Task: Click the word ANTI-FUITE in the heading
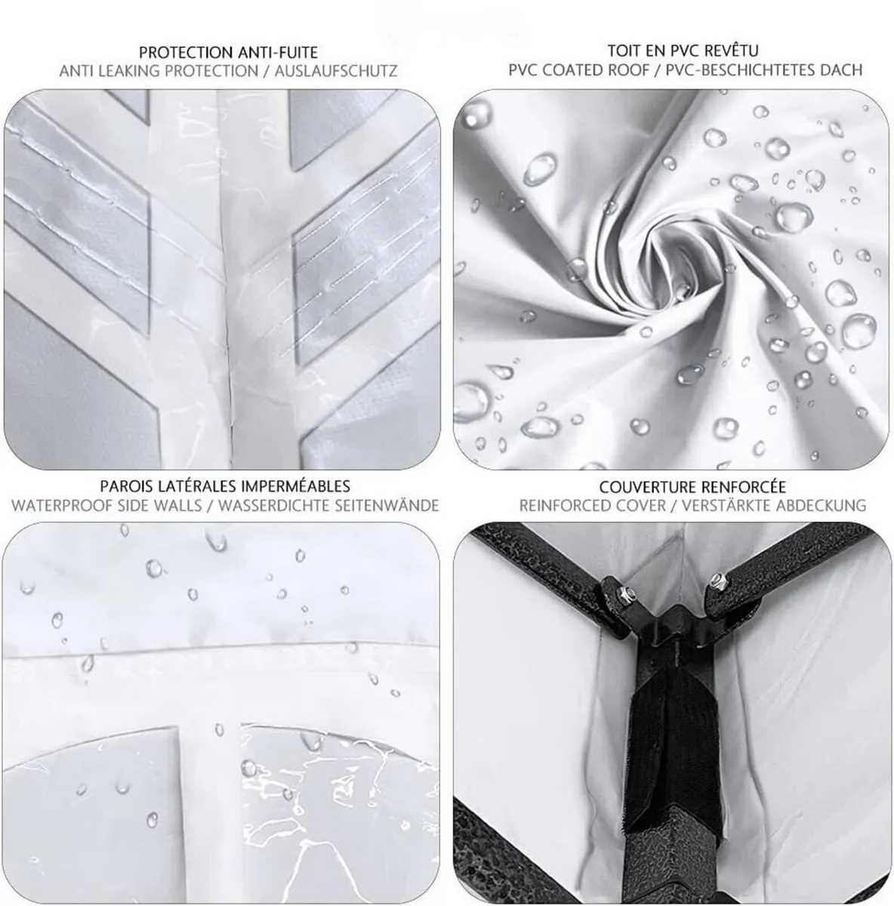[x=277, y=52]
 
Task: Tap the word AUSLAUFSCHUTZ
[x=336, y=71]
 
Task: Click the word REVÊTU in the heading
[x=732, y=50]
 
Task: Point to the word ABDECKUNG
[x=823, y=506]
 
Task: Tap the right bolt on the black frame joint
[x=717, y=581]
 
